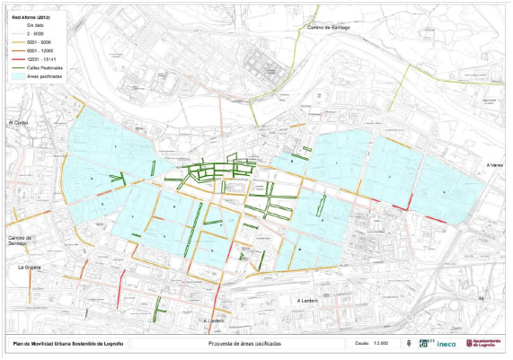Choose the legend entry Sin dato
(x=35, y=26)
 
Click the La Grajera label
(x=31, y=268)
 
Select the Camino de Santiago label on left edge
(x=18, y=239)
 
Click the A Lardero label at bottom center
(x=213, y=320)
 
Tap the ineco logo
(x=447, y=343)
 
